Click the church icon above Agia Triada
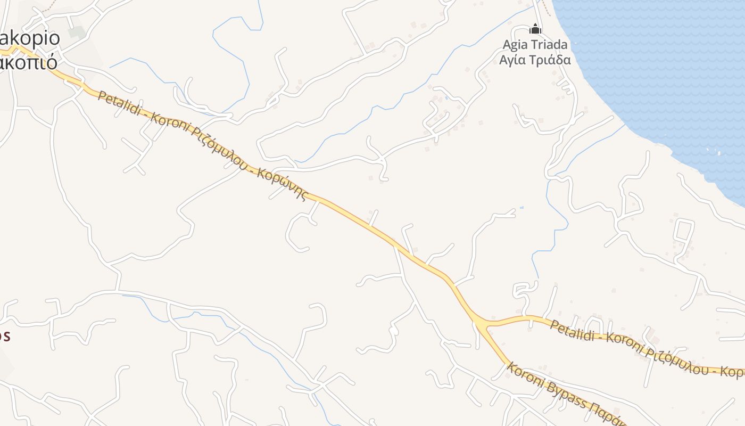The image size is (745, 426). (535, 29)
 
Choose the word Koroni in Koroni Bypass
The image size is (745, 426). (525, 375)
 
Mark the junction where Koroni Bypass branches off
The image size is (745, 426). (482, 324)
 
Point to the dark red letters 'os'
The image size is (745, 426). (4, 336)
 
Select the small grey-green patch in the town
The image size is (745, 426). (77, 32)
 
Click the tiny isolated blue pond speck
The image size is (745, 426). (521, 207)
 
